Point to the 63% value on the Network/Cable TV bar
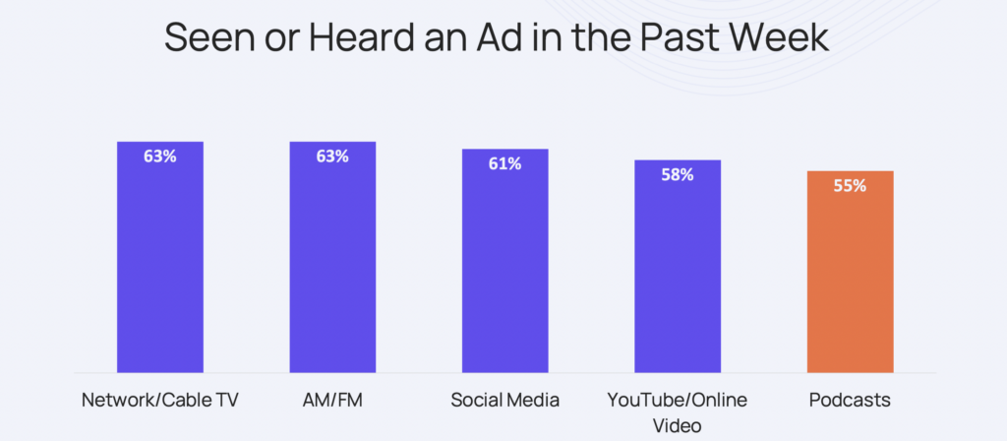point(159,156)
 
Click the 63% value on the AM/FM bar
point(331,156)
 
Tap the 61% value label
point(504,163)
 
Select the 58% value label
point(678,174)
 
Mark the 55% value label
point(850,185)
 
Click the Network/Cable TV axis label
point(159,400)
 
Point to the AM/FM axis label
point(331,400)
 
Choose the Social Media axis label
point(504,400)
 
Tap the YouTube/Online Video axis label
point(678,410)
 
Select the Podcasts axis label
point(850,400)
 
